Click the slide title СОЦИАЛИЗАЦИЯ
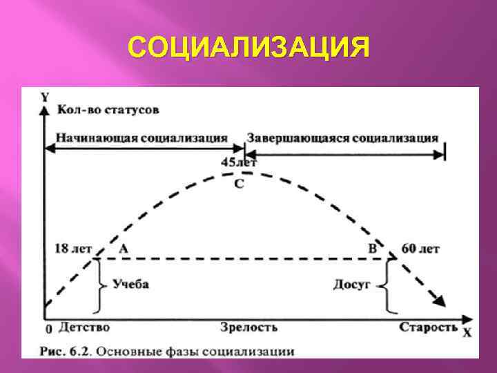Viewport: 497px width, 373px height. tap(248, 48)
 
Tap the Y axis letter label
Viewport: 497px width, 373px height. tap(45, 97)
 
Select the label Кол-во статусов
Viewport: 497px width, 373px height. tap(108, 110)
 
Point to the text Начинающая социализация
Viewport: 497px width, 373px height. tap(142, 137)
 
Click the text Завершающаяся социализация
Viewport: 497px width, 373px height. tap(342, 137)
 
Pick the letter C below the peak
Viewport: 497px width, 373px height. tap(239, 184)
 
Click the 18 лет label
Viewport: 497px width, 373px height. tap(72, 249)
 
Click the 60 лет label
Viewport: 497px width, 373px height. tap(420, 249)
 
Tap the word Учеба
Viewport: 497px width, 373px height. tap(130, 285)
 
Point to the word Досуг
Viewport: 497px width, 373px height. tap(352, 284)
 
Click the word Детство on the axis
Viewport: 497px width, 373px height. tap(84, 327)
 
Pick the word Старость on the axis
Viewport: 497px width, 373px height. tap(428, 327)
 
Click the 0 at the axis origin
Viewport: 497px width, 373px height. tap(48, 329)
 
